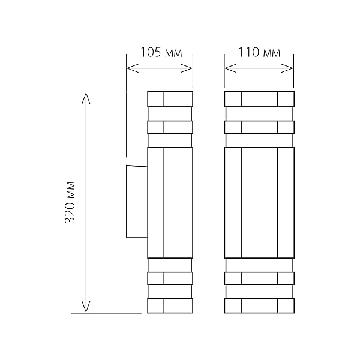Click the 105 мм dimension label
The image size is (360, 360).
click(161, 52)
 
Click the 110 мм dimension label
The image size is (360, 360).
click(259, 52)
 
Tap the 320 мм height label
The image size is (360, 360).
click(70, 202)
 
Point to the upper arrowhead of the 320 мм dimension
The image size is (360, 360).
click(86, 98)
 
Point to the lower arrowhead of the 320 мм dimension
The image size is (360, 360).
click(86, 307)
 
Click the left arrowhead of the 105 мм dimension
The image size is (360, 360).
click(133, 68)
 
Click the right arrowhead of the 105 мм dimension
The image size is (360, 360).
click(187, 68)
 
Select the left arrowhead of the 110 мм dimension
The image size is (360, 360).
click(230, 68)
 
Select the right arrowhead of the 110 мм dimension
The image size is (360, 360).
click(287, 68)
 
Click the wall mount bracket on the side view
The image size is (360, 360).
click(137, 202)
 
